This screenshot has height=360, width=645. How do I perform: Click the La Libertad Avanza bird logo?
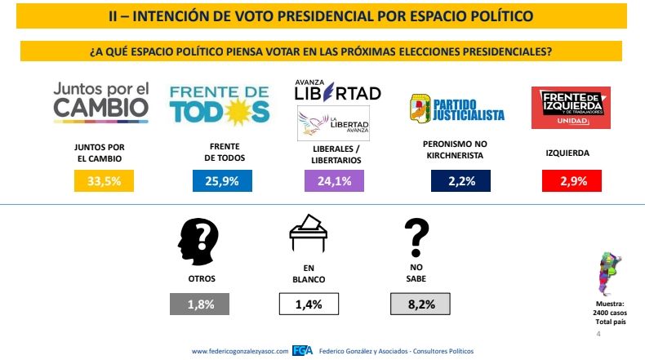(333, 124)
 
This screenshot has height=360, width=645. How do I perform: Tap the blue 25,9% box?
(217, 181)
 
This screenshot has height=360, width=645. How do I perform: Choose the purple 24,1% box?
(334, 181)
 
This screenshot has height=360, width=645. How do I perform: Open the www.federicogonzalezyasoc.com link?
(240, 351)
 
